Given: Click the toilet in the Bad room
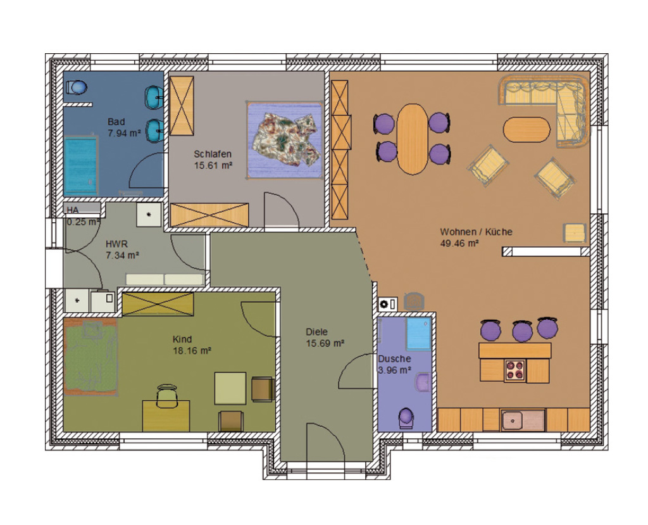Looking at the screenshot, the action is coord(77,87).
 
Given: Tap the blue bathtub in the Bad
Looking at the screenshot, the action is coord(81,165).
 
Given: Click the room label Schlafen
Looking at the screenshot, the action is coord(213,154).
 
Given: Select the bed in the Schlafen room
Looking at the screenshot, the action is coord(285,140).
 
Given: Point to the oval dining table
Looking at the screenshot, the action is coord(412,139).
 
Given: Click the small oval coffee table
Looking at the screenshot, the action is coord(526,129).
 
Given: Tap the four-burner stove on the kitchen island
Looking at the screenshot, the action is coord(515,370).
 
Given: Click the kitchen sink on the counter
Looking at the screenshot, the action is coord(523,421).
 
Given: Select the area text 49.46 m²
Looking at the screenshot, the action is coord(459,243).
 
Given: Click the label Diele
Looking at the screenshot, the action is coord(316,332).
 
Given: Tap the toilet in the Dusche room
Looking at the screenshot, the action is coord(406,418).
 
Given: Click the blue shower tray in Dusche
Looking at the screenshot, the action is coord(419,334).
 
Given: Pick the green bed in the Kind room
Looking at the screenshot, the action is coord(91,356).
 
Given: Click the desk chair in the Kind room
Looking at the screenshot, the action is coord(167,396).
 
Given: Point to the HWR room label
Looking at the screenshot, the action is coord(116,244).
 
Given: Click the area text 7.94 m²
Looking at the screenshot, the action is coord(124,133).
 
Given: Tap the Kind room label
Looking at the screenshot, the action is coord(182,339).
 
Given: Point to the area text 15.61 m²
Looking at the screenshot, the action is coord(213,165).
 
